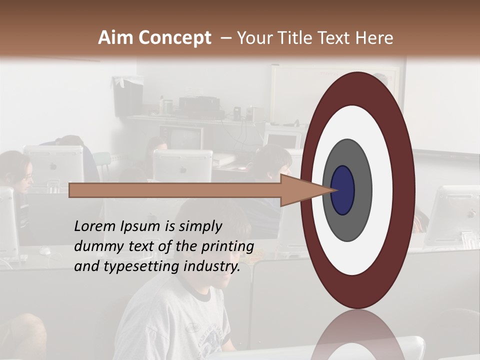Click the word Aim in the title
[116, 38]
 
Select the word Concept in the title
[174, 38]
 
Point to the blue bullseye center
[343, 190]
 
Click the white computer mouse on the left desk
[45, 250]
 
